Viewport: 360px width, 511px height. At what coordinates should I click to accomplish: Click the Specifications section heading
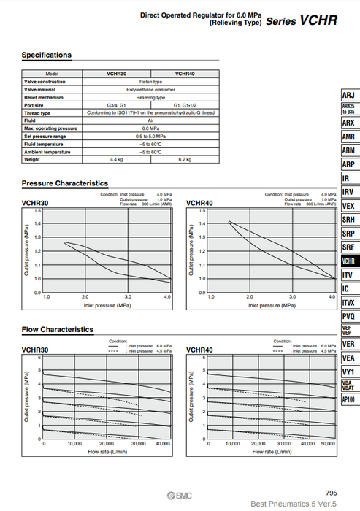pyautogui.click(x=47, y=55)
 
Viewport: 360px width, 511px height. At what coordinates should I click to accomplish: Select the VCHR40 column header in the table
pyautogui.click(x=185, y=74)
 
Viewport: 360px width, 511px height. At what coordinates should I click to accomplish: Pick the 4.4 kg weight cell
pyautogui.click(x=116, y=159)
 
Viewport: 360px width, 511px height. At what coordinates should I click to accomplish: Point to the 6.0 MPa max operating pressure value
pyautogui.click(x=150, y=128)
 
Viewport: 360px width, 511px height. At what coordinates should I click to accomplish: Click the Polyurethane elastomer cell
pyautogui.click(x=150, y=89)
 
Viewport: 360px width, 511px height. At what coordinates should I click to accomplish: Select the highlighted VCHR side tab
pyautogui.click(x=348, y=261)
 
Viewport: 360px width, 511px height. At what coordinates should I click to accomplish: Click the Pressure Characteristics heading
pyautogui.click(x=65, y=183)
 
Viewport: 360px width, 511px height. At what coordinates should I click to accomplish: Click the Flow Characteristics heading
pyautogui.click(x=58, y=329)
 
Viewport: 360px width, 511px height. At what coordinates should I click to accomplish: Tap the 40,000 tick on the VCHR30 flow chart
pyautogui.click(x=163, y=443)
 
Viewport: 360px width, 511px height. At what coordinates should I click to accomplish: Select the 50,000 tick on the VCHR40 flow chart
pyautogui.click(x=328, y=443)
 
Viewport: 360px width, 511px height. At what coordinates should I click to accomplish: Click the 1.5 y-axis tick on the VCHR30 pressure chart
pyautogui.click(x=39, y=210)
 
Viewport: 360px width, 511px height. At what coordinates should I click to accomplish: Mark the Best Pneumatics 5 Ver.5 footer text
pyautogui.click(x=293, y=504)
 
